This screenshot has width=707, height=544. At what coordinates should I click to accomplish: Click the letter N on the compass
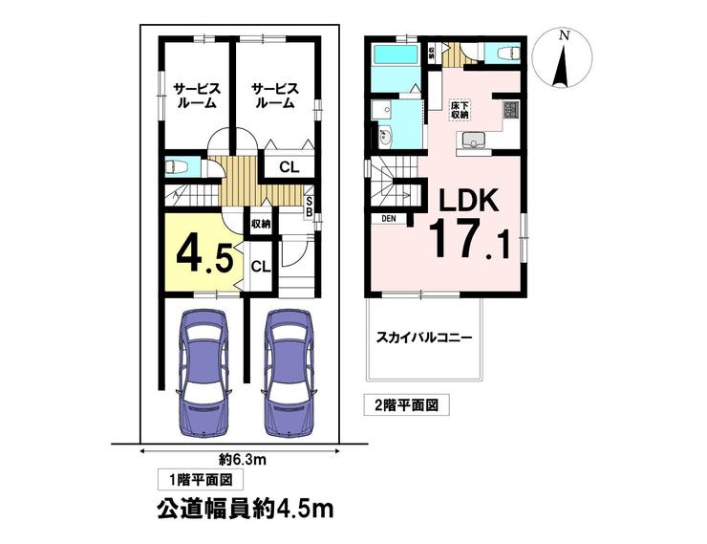563,34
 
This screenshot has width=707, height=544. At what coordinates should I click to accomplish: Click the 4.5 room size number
204,257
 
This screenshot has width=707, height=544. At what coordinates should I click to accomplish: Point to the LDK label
469,200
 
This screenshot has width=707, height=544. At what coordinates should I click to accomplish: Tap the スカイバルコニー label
424,337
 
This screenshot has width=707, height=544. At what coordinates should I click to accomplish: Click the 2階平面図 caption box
407,405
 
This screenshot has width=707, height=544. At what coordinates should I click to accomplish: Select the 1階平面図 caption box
201,480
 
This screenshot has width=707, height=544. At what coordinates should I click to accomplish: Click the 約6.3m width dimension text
243,460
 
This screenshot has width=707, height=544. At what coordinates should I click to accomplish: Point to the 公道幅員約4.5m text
246,510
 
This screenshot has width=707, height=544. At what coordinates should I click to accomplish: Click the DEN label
388,219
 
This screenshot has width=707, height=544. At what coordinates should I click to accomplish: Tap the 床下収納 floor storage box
460,110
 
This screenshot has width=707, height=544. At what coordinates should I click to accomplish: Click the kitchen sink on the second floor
473,139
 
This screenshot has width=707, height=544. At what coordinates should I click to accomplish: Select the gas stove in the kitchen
511,110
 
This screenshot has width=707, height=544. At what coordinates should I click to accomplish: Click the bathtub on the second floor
396,55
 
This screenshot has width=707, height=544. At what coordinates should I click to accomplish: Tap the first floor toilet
177,167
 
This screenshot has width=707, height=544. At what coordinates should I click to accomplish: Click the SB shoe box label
310,207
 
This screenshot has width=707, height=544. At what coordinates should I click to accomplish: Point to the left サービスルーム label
197,96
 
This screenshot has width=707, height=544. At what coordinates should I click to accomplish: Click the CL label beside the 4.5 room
261,267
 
